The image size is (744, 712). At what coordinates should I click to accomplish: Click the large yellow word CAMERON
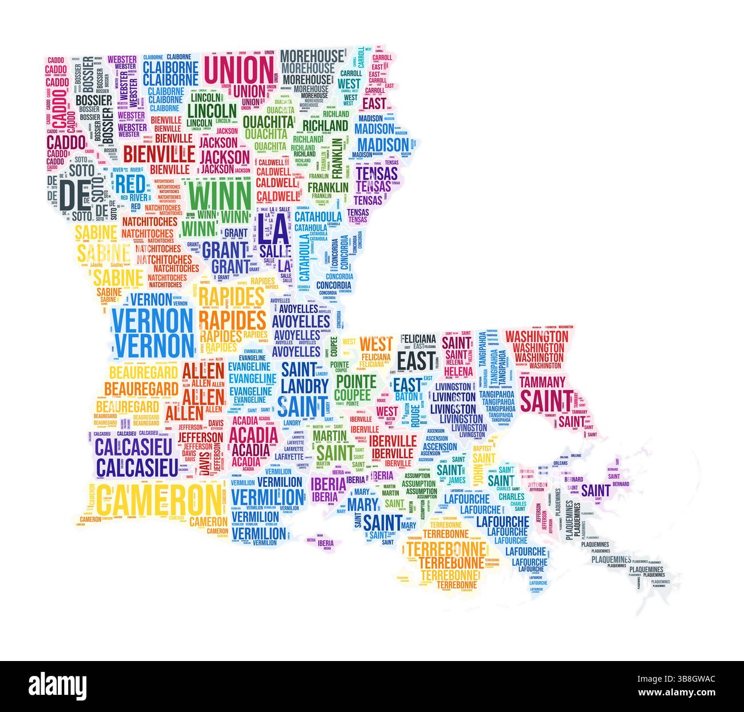click(x=157, y=499)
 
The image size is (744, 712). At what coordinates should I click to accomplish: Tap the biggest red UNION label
click(x=239, y=70)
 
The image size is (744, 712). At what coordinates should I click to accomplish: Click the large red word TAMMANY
click(x=542, y=381)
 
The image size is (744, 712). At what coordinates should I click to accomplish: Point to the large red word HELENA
click(x=457, y=372)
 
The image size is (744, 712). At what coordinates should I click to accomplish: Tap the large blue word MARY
click(x=363, y=505)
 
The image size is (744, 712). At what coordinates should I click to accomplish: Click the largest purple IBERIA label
click(x=329, y=485)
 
